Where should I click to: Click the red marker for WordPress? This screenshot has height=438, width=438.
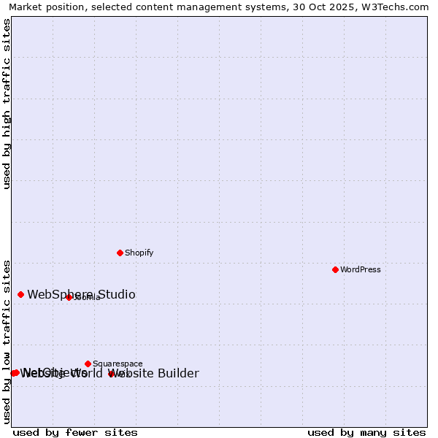coord(335,269)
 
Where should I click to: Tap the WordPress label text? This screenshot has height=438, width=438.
coord(361,269)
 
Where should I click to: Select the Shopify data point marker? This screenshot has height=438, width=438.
coord(120,253)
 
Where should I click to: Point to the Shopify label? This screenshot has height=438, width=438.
coord(139,253)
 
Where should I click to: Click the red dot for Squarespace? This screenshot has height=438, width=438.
coord(88,364)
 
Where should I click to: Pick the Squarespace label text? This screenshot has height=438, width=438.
coord(118,364)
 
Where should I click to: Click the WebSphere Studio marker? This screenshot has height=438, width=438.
coord(20,294)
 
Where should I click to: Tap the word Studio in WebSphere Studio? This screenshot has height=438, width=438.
coord(113,294)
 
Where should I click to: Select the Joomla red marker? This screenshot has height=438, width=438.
coord(69,297)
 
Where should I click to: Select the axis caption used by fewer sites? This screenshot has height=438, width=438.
coord(75,432)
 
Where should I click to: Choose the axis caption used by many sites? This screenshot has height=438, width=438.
coord(366,432)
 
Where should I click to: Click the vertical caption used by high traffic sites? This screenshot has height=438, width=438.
coord(7,104)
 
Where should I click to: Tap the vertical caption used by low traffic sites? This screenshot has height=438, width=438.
coord(7,341)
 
